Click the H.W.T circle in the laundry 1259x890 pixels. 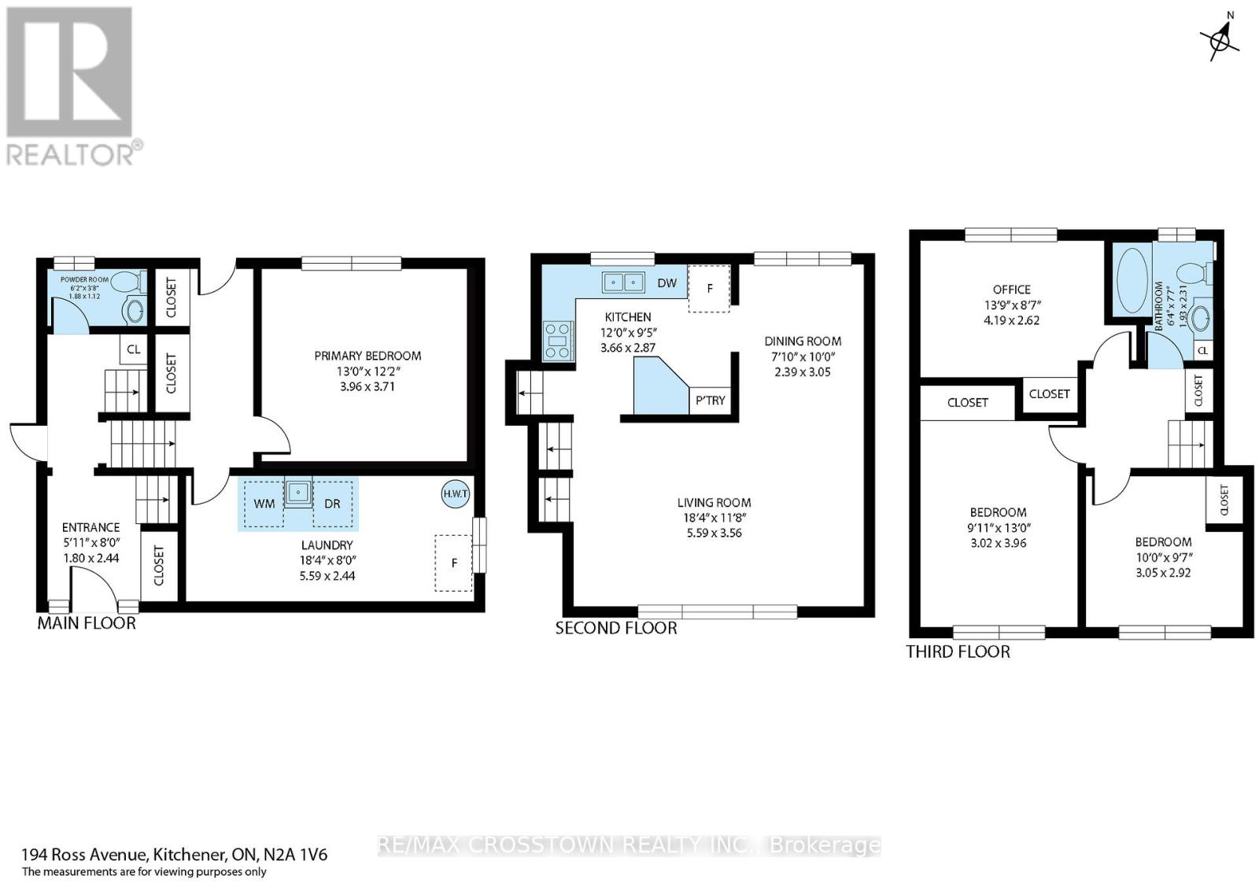[x=455, y=494]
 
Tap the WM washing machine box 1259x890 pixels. [x=264, y=504]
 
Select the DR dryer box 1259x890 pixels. [x=333, y=504]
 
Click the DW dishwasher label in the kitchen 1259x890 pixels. [x=667, y=283]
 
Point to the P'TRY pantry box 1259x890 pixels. [x=711, y=401]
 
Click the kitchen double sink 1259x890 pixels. [x=623, y=283]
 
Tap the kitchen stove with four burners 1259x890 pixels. [x=558, y=341]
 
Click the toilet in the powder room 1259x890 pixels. [x=129, y=281]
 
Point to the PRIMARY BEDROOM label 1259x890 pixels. [x=367, y=356]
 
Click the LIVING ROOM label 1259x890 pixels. [x=714, y=503]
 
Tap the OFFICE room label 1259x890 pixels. [x=1012, y=290]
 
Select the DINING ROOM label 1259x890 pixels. [x=803, y=342]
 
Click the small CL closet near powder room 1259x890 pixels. [x=133, y=349]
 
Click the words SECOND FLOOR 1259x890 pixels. [x=616, y=628]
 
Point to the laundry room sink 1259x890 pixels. [x=298, y=493]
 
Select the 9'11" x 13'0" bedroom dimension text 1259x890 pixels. [x=999, y=528]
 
